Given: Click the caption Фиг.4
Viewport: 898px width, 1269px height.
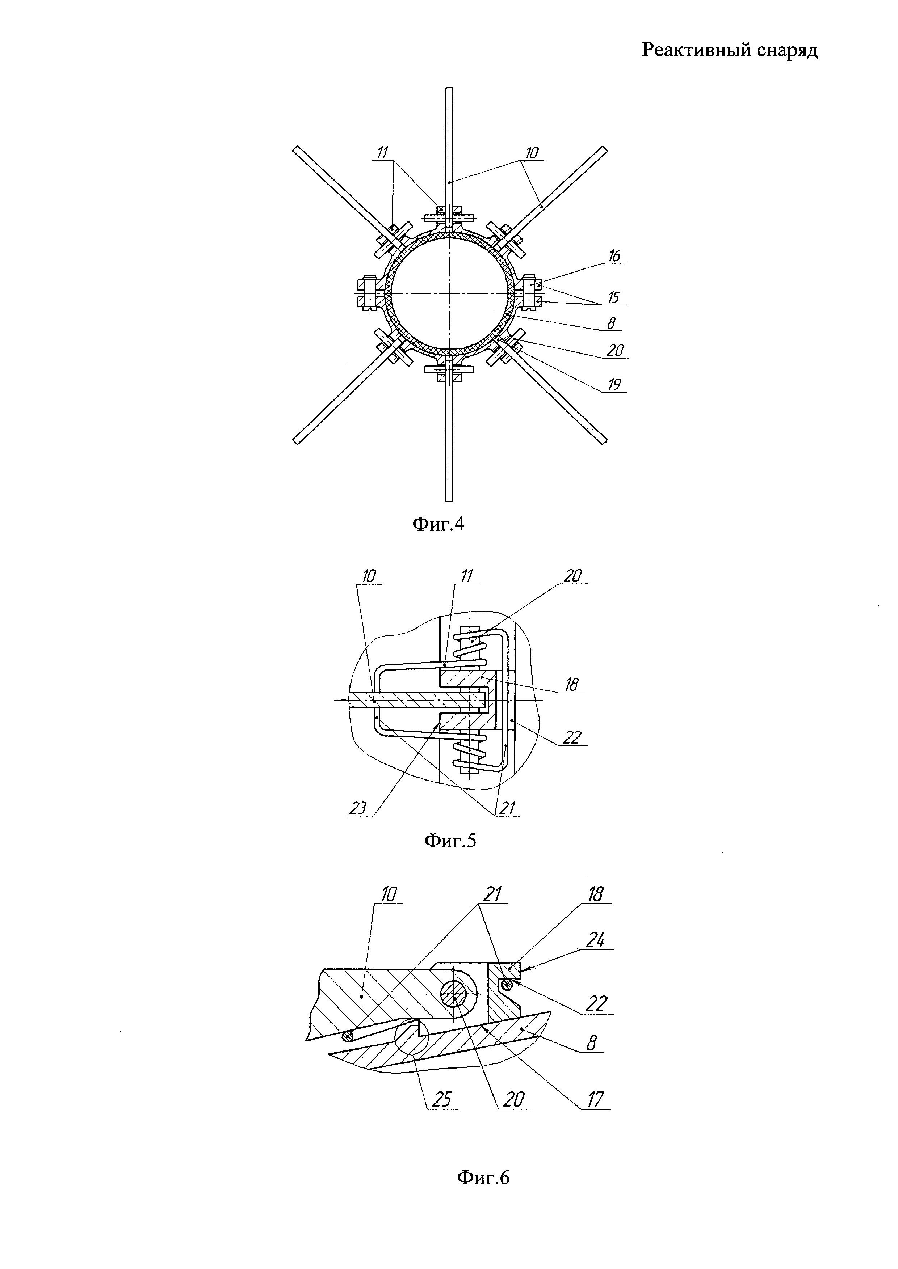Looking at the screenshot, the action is point(438,524).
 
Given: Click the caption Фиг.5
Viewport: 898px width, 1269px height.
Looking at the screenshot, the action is point(450,841).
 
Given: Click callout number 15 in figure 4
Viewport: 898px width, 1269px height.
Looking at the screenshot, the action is point(614,297).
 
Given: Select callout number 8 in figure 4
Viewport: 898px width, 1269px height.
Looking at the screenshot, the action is point(611,323).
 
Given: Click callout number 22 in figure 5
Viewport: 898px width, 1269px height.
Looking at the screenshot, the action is point(572,737).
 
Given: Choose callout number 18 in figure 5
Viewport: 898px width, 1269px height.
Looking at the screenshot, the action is point(571,685).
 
